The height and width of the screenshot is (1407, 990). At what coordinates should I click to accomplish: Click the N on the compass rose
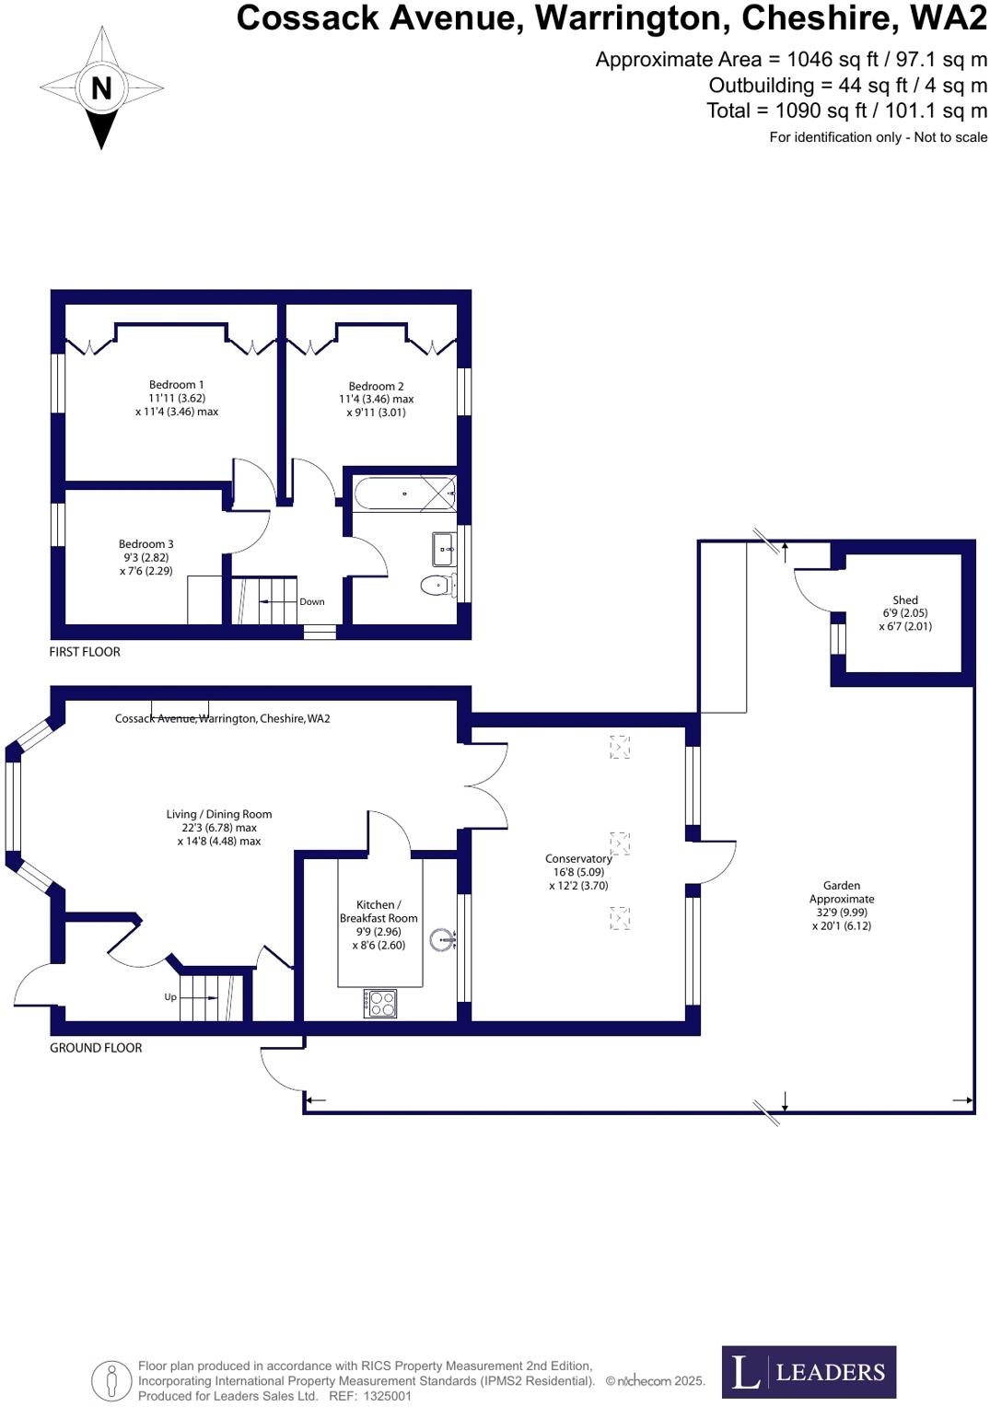pyautogui.click(x=101, y=88)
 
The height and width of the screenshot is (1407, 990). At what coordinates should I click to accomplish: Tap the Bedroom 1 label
pyautogui.click(x=176, y=385)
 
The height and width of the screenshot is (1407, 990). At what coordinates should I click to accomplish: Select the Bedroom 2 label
pyautogui.click(x=376, y=387)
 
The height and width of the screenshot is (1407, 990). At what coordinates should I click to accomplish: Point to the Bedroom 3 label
pyautogui.click(x=146, y=544)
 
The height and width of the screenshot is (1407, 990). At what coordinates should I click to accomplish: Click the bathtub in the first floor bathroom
pyautogui.click(x=403, y=494)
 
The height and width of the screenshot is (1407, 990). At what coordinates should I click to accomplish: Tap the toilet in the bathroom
pyautogui.click(x=437, y=585)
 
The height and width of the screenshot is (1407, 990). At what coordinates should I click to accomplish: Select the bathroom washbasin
pyautogui.click(x=444, y=550)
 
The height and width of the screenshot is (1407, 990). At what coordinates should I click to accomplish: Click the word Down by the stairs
pyautogui.click(x=312, y=601)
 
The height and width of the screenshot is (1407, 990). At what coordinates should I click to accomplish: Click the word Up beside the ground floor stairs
pyautogui.click(x=170, y=997)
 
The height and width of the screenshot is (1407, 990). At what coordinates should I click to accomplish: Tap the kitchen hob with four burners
pyautogui.click(x=380, y=1003)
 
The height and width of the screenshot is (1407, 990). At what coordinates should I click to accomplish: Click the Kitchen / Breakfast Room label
pyautogui.click(x=379, y=912)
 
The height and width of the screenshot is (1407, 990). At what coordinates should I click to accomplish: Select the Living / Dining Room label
pyautogui.click(x=219, y=814)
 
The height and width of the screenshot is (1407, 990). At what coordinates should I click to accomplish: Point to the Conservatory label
pyautogui.click(x=578, y=859)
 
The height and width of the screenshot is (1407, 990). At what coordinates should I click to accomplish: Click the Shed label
pyautogui.click(x=905, y=600)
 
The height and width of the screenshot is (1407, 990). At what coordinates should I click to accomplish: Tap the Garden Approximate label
pyautogui.click(x=842, y=892)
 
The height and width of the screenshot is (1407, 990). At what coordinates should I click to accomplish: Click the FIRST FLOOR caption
pyautogui.click(x=85, y=652)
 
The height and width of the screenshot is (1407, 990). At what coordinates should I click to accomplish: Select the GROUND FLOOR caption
pyautogui.click(x=96, y=1048)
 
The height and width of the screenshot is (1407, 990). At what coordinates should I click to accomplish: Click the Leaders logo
pyautogui.click(x=809, y=1372)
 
